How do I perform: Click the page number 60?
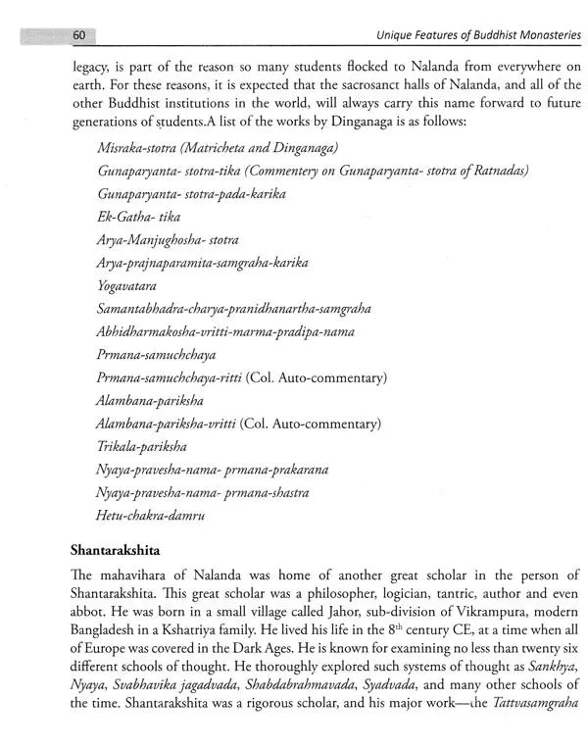(x=81, y=37)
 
